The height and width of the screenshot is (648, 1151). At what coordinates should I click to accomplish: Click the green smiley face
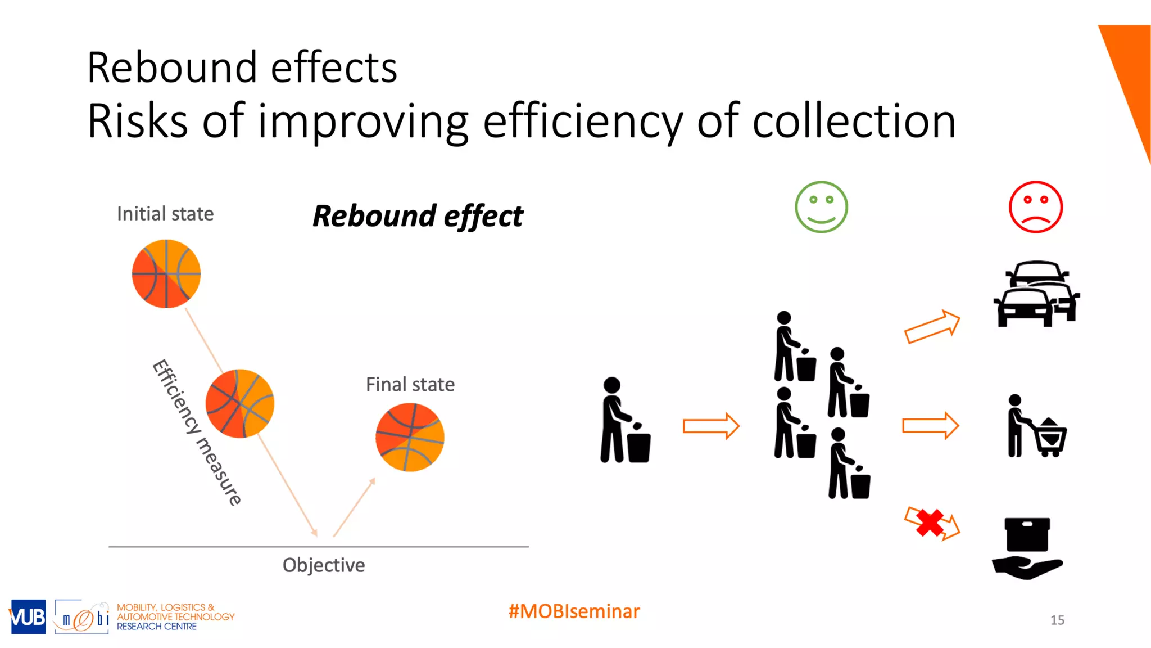tap(821, 207)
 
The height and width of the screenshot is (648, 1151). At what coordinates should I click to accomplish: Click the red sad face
tap(1035, 207)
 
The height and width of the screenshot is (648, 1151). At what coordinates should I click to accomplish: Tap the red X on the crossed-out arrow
tap(930, 523)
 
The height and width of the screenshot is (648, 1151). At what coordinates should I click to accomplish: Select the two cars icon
tap(1036, 294)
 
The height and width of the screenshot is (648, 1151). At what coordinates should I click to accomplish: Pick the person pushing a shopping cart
tap(1036, 426)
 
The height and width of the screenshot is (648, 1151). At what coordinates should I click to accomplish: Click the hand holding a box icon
tap(1027, 548)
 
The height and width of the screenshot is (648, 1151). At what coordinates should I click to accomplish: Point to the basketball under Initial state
tap(166, 274)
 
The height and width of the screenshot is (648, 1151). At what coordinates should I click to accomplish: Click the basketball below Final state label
tap(410, 437)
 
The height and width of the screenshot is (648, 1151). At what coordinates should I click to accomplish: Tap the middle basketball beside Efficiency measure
tap(240, 403)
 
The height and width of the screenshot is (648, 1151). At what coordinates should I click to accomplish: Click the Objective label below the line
tap(324, 565)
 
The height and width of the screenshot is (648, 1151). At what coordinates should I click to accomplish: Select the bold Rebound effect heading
tap(418, 216)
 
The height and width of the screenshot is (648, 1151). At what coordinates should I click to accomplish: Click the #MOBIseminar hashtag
tap(574, 611)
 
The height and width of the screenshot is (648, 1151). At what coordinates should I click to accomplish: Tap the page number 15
tap(1057, 620)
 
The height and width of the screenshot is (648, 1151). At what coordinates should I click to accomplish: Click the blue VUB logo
tap(28, 617)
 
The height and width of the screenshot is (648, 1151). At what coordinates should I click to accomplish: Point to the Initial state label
tap(165, 214)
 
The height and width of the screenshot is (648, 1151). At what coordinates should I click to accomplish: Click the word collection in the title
tap(854, 121)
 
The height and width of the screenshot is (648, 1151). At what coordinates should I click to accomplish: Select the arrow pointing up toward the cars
tap(932, 326)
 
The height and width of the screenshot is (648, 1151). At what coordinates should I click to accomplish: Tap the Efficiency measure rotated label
tap(197, 432)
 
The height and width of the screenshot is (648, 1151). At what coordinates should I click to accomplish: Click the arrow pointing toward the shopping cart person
tap(930, 426)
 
